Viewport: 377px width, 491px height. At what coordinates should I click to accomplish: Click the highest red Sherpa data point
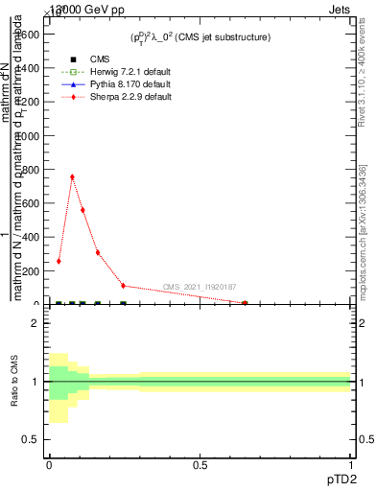pyautogui.click(x=72, y=176)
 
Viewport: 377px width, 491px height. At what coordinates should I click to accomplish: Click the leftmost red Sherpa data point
pyautogui.click(x=59, y=261)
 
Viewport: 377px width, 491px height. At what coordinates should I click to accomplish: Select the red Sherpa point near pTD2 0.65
pyautogui.click(x=245, y=303)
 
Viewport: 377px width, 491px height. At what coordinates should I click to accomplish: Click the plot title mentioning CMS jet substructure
pyautogui.click(x=200, y=37)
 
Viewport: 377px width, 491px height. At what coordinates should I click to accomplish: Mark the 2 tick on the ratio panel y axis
pyautogui.click(x=35, y=324)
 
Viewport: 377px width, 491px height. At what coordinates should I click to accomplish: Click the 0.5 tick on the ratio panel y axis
pyautogui.click(x=32, y=439)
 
